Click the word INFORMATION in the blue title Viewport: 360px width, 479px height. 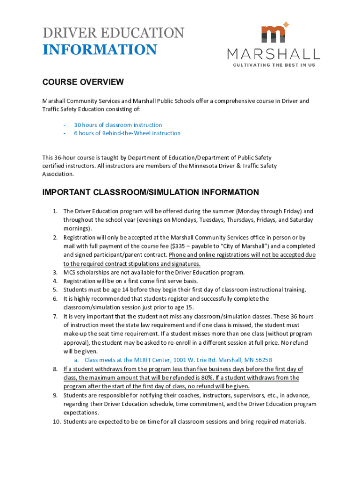[100, 50]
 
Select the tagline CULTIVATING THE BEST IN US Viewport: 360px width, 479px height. [274, 65]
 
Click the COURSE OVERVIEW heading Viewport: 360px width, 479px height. [83, 82]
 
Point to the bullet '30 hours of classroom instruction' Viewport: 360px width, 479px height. [118, 125]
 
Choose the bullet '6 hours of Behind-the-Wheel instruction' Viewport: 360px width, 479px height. [127, 133]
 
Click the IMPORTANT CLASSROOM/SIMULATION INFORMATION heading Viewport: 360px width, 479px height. [151, 192]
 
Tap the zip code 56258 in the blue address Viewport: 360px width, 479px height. [264, 360]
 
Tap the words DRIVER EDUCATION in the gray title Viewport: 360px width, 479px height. [114, 33]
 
